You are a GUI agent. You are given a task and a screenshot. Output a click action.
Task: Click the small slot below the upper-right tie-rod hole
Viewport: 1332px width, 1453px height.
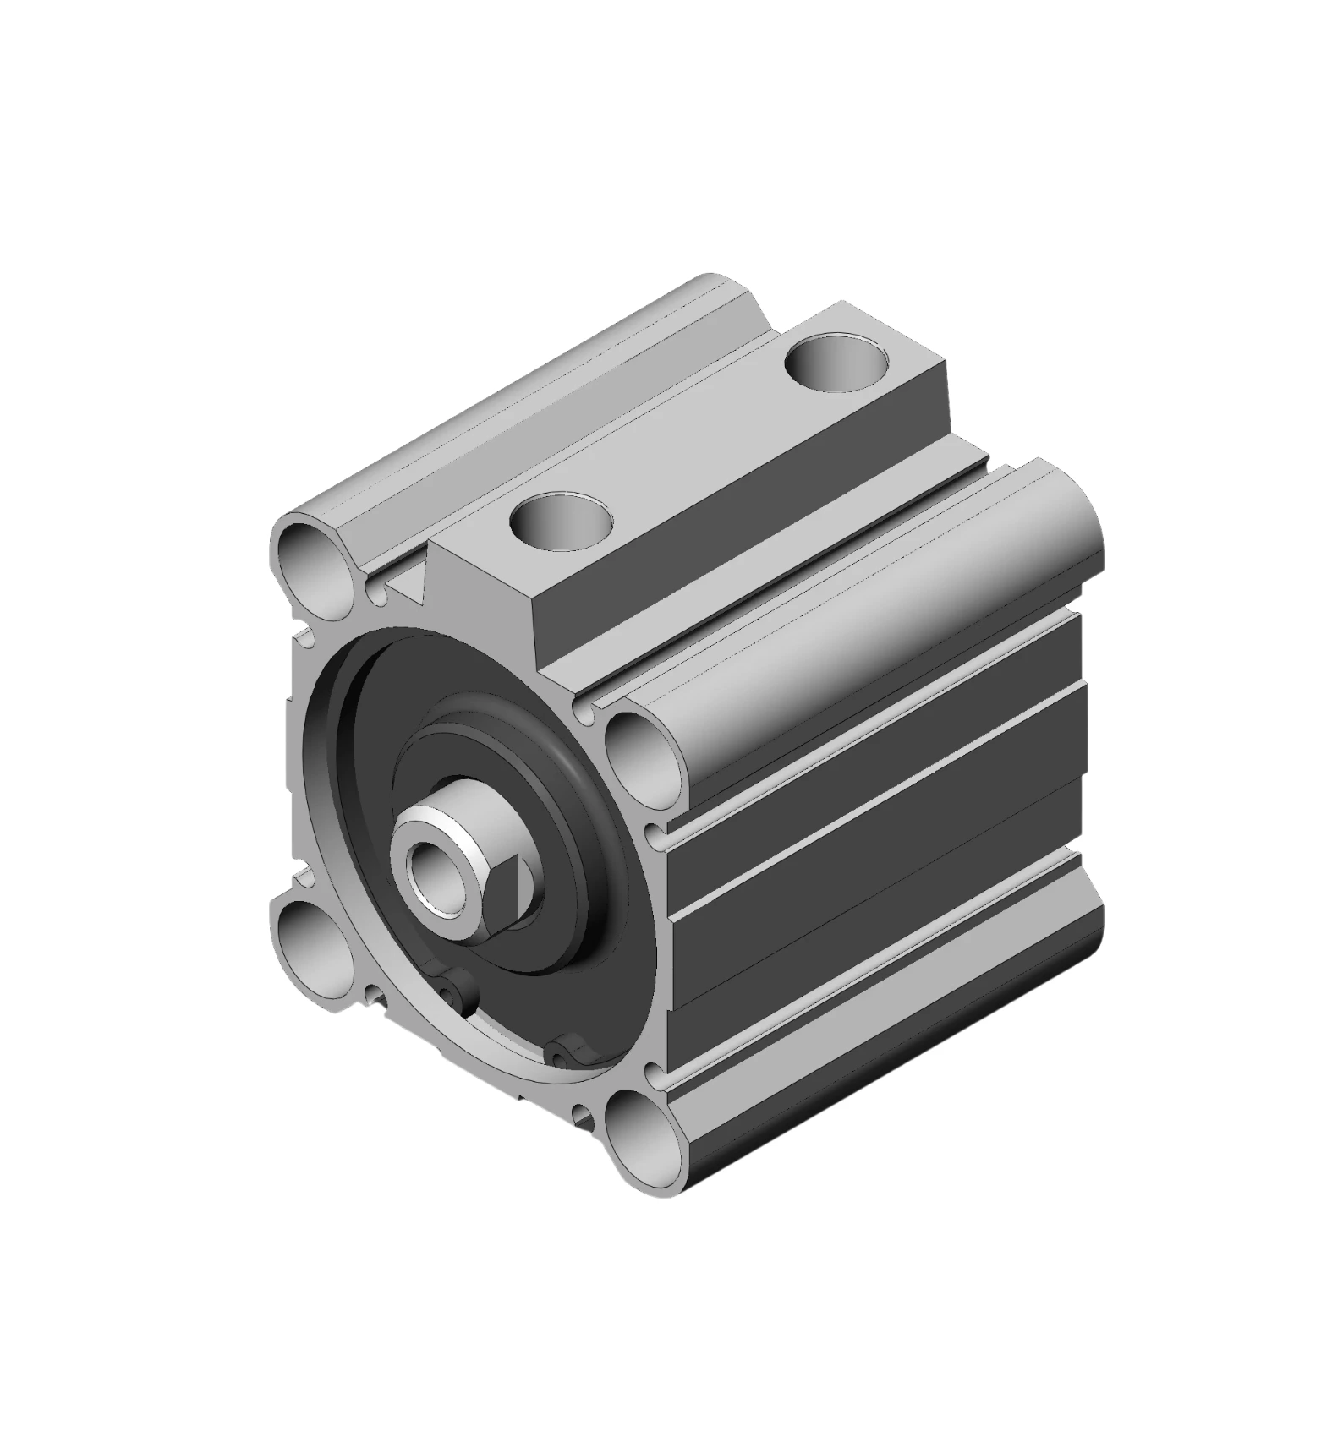(x=653, y=833)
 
